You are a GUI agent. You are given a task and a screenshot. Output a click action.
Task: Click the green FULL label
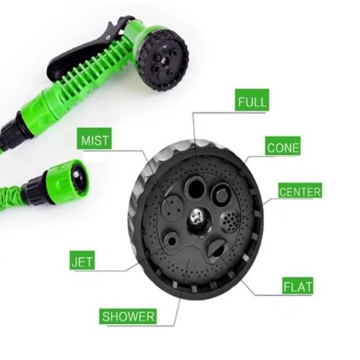point(252,100)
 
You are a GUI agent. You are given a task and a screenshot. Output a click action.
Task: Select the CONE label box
point(283,146)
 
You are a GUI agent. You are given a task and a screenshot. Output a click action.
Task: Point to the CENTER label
point(300,191)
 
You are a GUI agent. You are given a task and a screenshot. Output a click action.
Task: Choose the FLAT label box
point(297,286)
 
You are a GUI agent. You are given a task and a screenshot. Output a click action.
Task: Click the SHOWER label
point(128,316)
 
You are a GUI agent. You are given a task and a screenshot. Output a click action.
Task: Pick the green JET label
point(82,261)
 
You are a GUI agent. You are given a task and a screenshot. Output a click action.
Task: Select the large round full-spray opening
point(196,187)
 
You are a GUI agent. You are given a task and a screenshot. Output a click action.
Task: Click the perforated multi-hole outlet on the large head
point(230,222)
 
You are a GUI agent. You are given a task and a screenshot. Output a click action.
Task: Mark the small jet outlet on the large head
point(171,241)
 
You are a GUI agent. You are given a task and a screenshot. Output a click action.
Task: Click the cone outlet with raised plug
point(221,194)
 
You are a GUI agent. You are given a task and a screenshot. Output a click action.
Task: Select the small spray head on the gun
point(166,58)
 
